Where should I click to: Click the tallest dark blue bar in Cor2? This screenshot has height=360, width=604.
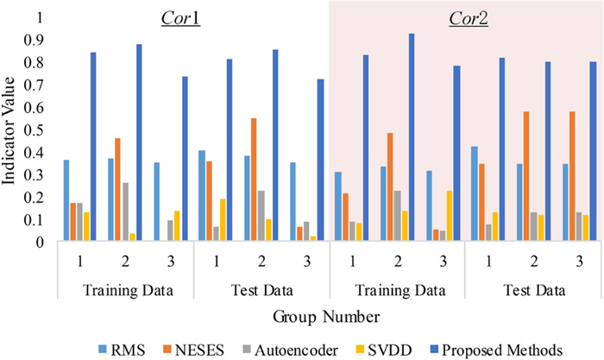pos(412,137)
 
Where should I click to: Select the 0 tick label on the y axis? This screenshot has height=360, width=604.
pos(38,242)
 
